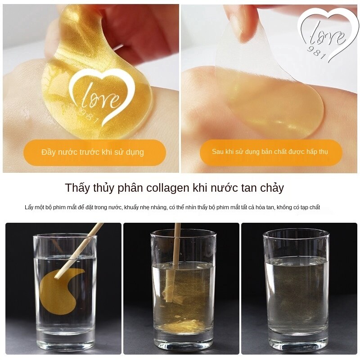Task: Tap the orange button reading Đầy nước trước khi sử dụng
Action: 93,152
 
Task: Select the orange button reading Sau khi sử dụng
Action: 270,152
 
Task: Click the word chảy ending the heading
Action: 272,188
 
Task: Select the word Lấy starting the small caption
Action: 29,207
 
